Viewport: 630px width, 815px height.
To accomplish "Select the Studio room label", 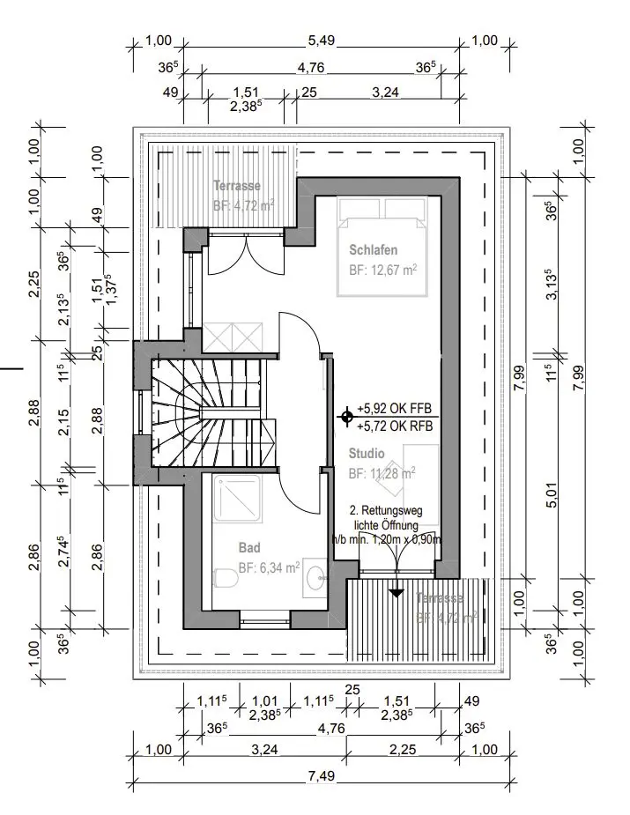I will [366, 455].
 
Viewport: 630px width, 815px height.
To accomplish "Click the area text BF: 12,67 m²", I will [382, 270].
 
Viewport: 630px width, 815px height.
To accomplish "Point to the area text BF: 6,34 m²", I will [269, 567].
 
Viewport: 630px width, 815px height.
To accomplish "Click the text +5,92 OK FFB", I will [396, 409].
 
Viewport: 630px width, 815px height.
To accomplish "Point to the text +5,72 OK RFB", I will [396, 426].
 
